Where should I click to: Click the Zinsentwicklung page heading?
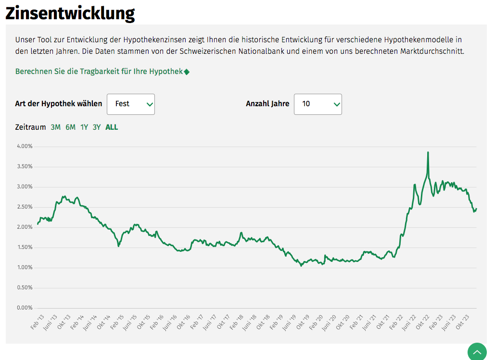[x=70, y=13]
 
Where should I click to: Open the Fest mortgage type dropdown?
[x=131, y=104]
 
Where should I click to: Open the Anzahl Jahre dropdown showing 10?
[x=317, y=104]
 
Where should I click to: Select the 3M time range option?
[x=55, y=127]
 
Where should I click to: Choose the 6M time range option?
[x=70, y=127]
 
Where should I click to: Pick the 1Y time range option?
[x=84, y=127]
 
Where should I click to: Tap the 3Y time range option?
[x=97, y=127]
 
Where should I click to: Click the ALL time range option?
[x=112, y=127]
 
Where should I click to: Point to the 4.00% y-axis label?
[x=25, y=146]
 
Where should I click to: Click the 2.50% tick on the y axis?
[x=25, y=207]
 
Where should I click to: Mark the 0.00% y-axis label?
[x=25, y=308]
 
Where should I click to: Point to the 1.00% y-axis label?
[x=25, y=267]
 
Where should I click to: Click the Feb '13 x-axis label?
[x=37, y=322]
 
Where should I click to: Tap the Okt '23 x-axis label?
[x=462, y=322]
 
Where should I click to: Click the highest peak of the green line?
[x=428, y=152]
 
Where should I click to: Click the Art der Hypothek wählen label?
[x=59, y=104]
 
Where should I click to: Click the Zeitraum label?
[x=30, y=127]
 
